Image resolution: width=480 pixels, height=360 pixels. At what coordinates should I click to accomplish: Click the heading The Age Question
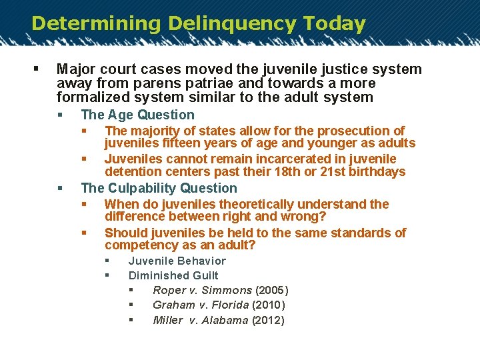click(137, 115)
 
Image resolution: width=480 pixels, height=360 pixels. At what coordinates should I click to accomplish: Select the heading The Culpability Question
click(159, 188)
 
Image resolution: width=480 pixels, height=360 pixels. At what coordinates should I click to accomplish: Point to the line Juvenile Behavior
click(177, 261)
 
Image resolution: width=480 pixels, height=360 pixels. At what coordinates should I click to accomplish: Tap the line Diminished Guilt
click(173, 275)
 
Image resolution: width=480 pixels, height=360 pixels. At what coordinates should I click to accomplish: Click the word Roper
click(169, 291)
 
